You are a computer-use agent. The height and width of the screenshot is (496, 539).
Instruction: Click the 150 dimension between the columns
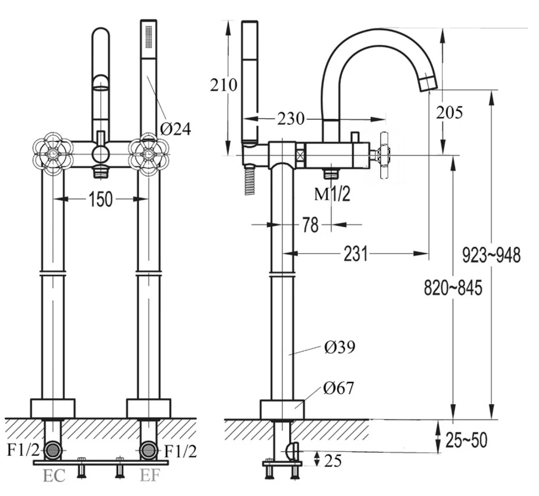point(101,199)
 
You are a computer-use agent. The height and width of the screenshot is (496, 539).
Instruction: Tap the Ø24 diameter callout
point(175,128)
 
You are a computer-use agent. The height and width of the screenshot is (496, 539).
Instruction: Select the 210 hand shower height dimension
point(223,85)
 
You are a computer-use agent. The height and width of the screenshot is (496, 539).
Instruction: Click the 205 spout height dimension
point(449,112)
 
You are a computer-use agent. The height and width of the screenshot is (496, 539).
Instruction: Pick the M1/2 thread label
point(332,194)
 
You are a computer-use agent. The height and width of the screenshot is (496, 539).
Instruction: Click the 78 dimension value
point(311,225)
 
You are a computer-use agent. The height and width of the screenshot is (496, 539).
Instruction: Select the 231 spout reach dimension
point(355,254)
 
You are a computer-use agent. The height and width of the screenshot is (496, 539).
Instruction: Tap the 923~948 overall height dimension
point(492,255)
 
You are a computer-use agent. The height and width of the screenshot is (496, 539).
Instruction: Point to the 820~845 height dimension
point(453,287)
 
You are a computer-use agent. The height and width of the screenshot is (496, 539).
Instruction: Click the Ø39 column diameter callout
point(340,347)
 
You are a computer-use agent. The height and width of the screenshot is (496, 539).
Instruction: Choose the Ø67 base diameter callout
point(339,388)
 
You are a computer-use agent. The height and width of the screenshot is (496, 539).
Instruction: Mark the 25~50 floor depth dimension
point(466,440)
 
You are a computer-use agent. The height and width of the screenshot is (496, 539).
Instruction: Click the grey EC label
point(54,476)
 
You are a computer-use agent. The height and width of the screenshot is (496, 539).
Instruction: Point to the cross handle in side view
point(383,154)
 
